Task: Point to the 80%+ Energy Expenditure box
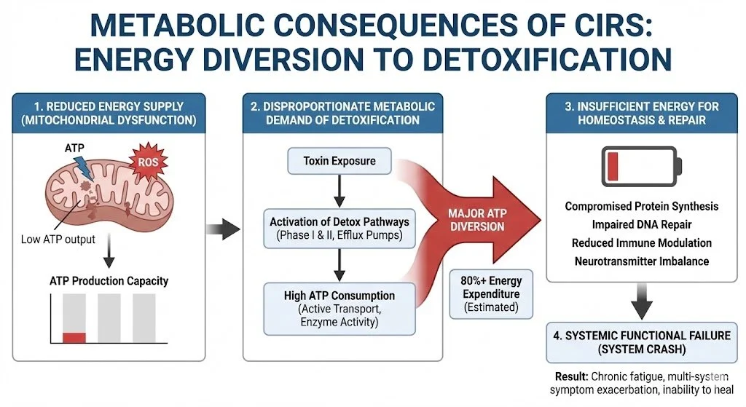[492, 293]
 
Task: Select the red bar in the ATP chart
[74, 337]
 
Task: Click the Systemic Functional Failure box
[641, 343]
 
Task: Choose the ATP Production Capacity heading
[109, 280]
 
